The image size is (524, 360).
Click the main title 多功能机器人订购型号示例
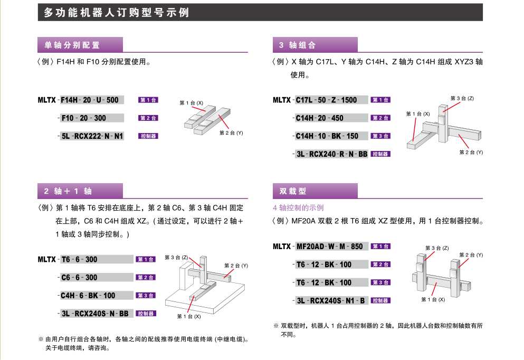point(116,13)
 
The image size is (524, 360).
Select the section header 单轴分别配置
point(72,45)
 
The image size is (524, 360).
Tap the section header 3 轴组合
point(298,45)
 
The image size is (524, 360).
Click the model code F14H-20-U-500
point(90,100)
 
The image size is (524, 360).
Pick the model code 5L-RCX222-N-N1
point(92,136)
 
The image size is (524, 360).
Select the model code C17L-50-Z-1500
point(326,100)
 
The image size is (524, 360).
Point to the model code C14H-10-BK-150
point(327,136)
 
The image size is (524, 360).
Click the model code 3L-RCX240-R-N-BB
point(332,154)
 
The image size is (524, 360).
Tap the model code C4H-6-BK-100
point(88,296)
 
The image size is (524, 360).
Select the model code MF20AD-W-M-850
point(329,247)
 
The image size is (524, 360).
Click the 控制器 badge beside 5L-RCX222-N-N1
point(148,136)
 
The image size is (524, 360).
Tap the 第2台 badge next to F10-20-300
point(148,118)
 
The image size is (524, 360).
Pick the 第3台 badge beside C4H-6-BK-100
point(146,296)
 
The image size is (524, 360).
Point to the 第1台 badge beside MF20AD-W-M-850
point(380,247)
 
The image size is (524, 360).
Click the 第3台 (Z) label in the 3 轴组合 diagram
point(462,98)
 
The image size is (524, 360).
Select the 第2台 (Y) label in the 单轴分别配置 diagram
point(231,132)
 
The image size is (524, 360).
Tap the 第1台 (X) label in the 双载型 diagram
point(433,299)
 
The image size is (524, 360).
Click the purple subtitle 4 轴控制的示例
point(298,208)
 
